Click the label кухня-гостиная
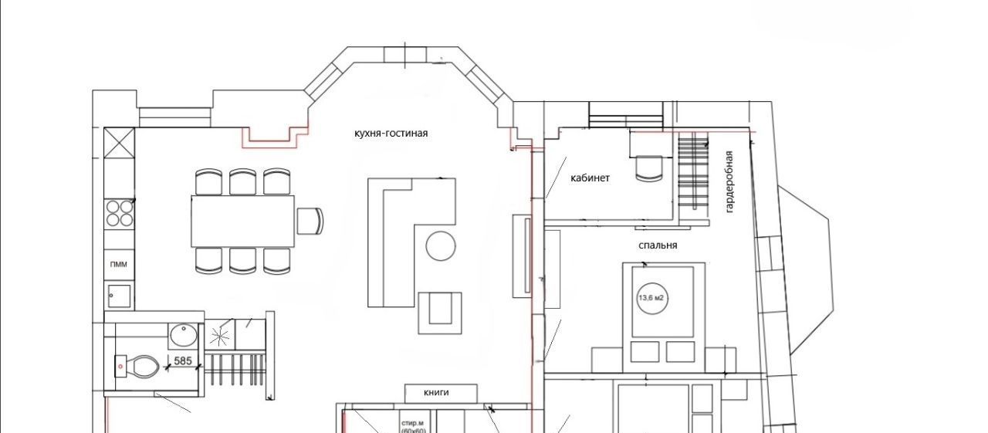coord(391,134)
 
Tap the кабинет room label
coord(590,178)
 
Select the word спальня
coord(658,245)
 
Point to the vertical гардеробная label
coord(729,182)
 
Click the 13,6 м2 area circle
coord(651,298)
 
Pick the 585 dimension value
coord(183,361)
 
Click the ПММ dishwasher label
coord(119,265)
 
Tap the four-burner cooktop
coord(119,213)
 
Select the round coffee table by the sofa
coord(441,246)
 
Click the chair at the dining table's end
coord(310,221)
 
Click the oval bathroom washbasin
coord(184,335)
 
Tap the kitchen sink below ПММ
coord(120,296)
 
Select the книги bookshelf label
coord(436,392)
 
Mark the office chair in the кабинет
coord(650,168)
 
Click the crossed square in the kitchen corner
coord(119,143)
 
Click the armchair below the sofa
coord(440,313)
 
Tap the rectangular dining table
coord(242,221)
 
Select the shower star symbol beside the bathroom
coord(219,337)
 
